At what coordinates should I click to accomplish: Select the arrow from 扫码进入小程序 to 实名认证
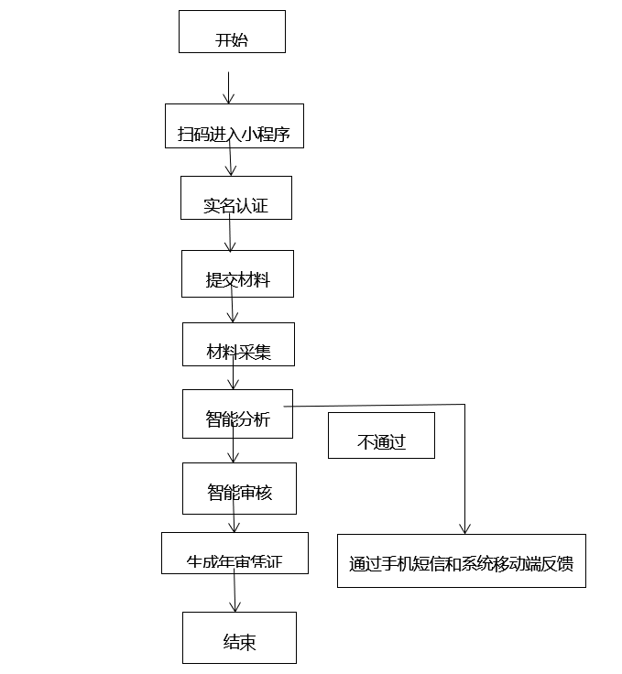point(232,160)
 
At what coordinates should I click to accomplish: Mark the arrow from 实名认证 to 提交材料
point(231,234)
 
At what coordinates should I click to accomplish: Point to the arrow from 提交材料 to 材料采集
point(234,309)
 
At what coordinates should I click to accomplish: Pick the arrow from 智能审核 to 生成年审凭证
point(235,519)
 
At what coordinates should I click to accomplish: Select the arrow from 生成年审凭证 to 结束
point(235,593)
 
